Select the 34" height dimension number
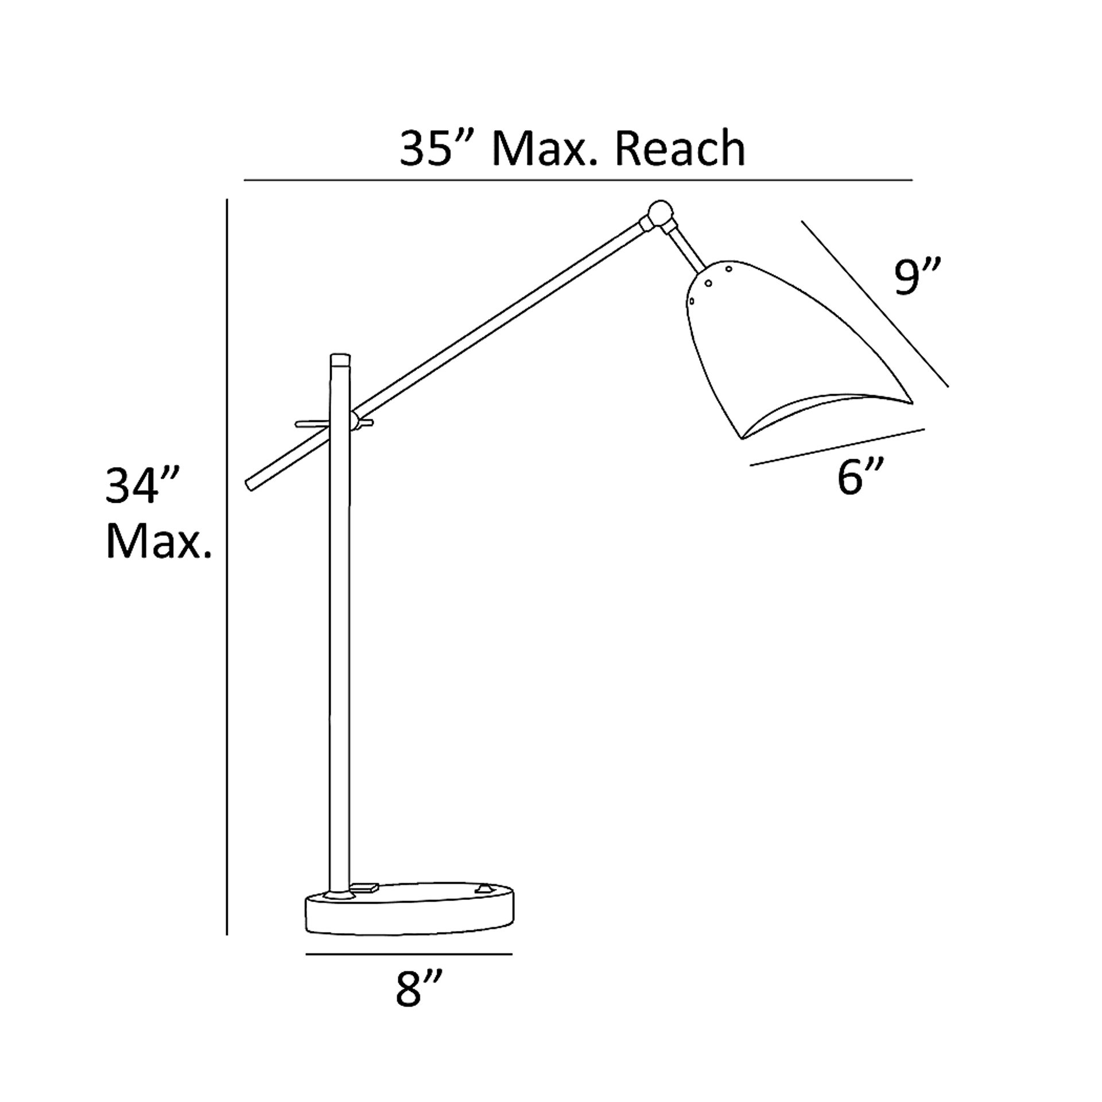click(x=144, y=486)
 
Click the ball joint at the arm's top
click(x=660, y=214)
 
